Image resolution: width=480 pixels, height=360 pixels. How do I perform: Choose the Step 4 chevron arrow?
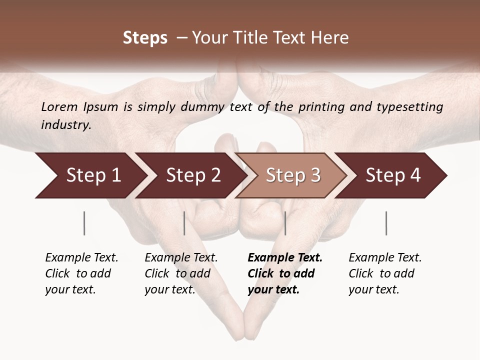pos(393,175)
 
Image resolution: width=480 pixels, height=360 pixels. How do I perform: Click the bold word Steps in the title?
pos(145,38)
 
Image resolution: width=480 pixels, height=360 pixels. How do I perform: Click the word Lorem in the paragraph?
pos(59,106)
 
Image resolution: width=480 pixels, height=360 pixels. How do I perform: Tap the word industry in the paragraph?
pos(66,125)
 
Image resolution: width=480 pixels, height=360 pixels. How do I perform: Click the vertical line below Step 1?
pos(84,223)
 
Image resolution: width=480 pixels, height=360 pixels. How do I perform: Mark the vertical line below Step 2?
pos(184,223)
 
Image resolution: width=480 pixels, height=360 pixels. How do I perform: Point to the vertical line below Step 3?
pos(285,223)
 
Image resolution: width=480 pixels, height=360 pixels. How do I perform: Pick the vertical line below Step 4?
pos(386,223)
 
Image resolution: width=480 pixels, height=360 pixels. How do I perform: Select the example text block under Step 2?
pos(180,273)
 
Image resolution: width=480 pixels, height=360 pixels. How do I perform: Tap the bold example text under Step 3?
pos(284,273)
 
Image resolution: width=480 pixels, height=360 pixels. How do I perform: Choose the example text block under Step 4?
pos(384,273)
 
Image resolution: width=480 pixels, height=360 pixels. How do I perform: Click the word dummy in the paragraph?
pos(206,106)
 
